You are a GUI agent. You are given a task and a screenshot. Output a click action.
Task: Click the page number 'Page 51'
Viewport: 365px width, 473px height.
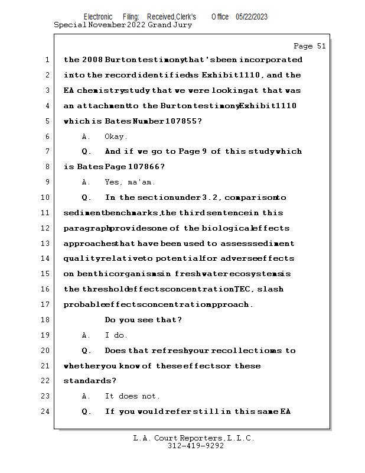tap(309, 46)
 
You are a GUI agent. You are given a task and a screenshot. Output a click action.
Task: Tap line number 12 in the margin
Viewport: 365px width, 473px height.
tap(46, 228)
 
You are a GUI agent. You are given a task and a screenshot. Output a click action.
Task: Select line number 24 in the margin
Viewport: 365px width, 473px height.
tap(46, 412)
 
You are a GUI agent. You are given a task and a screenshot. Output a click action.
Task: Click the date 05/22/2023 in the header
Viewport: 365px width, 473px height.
tap(251, 17)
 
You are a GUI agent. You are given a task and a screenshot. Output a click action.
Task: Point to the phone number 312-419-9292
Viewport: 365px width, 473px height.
tap(195, 446)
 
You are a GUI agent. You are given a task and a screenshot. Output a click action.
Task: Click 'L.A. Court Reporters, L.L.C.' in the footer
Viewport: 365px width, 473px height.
tap(194, 438)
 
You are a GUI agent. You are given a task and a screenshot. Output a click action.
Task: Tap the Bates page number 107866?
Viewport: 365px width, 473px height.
tap(143, 167)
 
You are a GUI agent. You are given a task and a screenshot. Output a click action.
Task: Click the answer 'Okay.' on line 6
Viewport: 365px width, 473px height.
tap(116, 137)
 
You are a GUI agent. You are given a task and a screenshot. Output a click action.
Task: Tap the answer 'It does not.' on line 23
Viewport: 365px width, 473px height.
tap(132, 396)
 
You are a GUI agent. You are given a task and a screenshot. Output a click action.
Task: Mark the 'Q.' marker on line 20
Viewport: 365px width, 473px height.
tap(86, 351)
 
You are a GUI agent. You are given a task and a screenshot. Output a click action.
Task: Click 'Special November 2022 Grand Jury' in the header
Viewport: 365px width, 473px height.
tap(123, 25)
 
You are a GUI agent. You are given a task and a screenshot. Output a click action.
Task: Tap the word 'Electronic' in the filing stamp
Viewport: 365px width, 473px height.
tap(98, 17)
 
